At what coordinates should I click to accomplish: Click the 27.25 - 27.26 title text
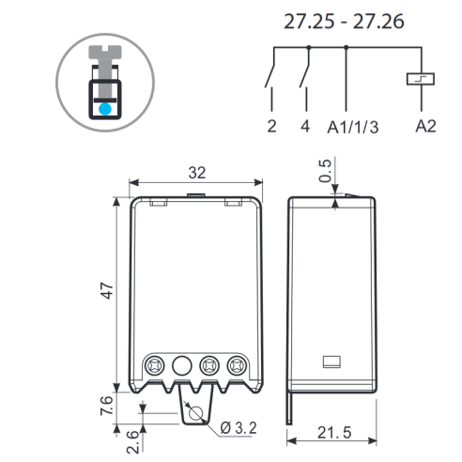pos(344,22)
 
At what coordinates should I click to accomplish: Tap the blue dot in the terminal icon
pos(105,109)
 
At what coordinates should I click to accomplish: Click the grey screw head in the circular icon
pos(105,52)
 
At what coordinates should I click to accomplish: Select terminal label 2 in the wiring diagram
pos(271,126)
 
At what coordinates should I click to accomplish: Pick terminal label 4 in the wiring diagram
pos(305,126)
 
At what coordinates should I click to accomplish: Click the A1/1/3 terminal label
pos(353,127)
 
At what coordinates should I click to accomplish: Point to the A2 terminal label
pos(425,126)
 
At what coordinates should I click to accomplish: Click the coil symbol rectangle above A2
pos(421,79)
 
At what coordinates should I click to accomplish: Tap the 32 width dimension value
pos(197,173)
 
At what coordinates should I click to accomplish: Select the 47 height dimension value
pos(107,290)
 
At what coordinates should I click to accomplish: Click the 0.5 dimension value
pos(325,171)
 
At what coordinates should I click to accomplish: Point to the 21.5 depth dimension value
pos(334,433)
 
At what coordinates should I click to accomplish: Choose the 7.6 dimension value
pos(106,406)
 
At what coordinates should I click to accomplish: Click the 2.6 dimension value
pos(132,441)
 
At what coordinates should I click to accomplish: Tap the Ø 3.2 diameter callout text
pos(239,428)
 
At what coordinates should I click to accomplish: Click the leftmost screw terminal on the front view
pos(155,365)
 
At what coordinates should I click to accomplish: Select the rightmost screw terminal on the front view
pos(237,365)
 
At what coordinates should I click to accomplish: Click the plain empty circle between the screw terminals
pos(182,365)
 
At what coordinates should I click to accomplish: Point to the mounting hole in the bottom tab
pos(196,413)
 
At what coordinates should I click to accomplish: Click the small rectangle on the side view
pos(331,362)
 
